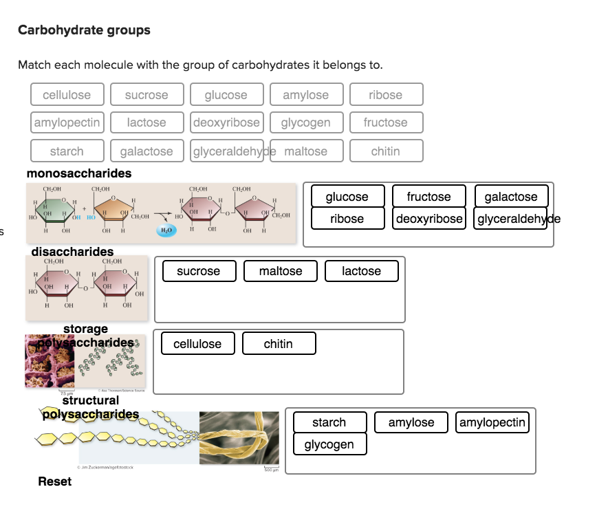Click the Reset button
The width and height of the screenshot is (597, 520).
tap(54, 481)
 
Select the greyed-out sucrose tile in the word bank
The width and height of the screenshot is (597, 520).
tap(146, 95)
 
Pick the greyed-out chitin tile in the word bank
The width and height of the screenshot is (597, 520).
tap(385, 151)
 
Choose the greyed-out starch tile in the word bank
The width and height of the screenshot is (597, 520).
tap(67, 151)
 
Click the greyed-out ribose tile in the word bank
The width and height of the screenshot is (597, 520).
tap(385, 95)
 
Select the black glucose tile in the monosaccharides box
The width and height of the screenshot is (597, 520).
tap(347, 197)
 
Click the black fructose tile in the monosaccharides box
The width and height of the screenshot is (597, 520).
tap(428, 197)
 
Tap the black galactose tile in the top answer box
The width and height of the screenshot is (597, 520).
tap(511, 197)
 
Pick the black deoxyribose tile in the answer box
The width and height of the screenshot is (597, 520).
tap(428, 219)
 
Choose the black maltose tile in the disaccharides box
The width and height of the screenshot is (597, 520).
tap(281, 271)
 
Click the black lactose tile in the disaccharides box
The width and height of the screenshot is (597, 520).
tap(362, 271)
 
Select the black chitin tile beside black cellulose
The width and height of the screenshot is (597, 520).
tap(279, 344)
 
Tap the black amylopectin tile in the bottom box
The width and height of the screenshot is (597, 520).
tap(493, 422)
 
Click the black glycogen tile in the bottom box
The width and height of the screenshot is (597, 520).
tap(329, 444)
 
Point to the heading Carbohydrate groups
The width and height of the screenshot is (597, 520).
tap(84, 30)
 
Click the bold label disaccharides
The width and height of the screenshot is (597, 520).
tap(72, 252)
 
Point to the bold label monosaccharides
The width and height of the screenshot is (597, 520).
tap(79, 173)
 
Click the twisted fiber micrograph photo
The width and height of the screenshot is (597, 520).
tap(239, 437)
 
